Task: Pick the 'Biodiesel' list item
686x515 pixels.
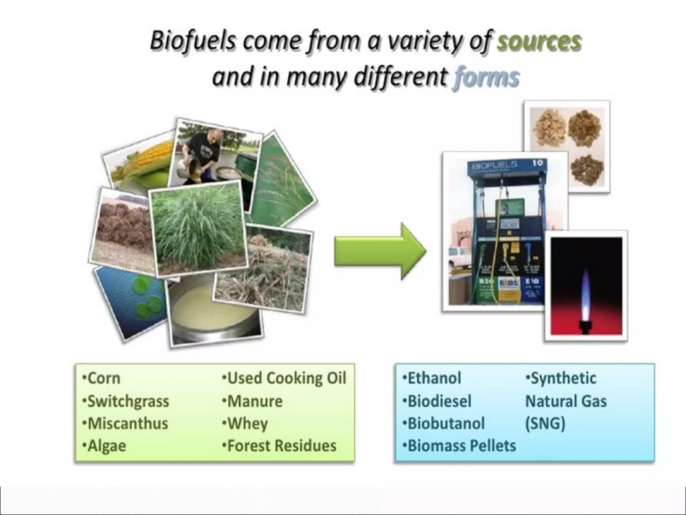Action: [x=438, y=401]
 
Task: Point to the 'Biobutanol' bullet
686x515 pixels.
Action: [x=445, y=423]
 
